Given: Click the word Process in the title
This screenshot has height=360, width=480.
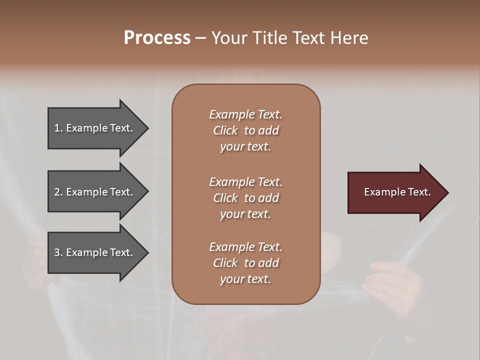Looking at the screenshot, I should pyautogui.click(x=157, y=38).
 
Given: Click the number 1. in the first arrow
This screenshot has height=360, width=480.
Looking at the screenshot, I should pyautogui.click(x=58, y=128).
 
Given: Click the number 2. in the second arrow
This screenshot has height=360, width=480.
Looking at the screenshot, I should pyautogui.click(x=58, y=192).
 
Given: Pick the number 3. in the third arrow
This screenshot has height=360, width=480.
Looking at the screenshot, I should pyautogui.click(x=58, y=252).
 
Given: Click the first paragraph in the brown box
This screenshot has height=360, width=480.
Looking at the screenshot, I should pyautogui.click(x=245, y=130).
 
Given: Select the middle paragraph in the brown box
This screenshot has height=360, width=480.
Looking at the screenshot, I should pyautogui.click(x=245, y=198).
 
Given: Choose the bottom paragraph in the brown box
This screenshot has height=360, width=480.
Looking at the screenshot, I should pyautogui.click(x=245, y=263).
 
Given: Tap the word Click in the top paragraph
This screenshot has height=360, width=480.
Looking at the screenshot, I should pyautogui.click(x=225, y=130).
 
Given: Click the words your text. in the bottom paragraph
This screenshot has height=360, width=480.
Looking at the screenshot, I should pyautogui.click(x=245, y=279).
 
